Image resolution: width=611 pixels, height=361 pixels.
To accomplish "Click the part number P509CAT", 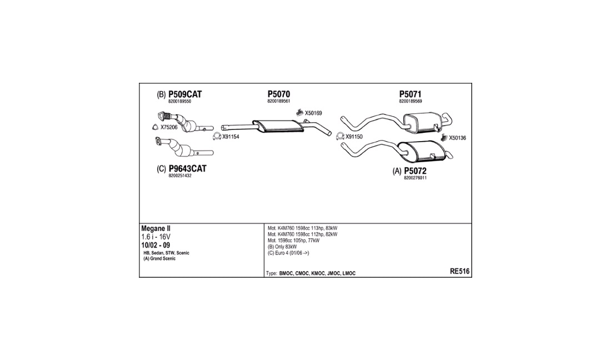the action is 185,94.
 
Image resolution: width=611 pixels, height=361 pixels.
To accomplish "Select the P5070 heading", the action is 279,94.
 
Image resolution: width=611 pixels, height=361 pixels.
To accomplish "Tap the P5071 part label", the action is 410,94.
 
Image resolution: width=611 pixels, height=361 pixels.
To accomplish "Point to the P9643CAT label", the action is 187,169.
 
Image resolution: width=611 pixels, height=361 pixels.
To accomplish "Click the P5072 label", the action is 415,171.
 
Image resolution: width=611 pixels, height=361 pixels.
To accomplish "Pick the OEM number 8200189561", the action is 279,101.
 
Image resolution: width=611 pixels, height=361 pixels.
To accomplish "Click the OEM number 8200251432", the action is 180,176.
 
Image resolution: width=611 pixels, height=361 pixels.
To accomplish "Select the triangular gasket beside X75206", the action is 155,127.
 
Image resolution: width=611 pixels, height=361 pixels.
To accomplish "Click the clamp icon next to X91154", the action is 217,136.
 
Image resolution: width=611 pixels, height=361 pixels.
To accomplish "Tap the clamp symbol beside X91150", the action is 340,136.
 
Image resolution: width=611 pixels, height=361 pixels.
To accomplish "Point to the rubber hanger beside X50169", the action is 299,113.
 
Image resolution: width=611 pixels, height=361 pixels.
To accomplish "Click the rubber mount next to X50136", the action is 443,137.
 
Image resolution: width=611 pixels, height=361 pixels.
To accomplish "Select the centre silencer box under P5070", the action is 278,126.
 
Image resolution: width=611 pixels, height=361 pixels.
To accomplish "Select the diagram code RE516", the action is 460,272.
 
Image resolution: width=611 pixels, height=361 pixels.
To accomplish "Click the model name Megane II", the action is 156,229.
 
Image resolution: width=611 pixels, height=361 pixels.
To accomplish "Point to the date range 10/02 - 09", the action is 156,245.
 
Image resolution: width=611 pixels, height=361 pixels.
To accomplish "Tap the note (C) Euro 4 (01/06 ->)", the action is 288,253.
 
